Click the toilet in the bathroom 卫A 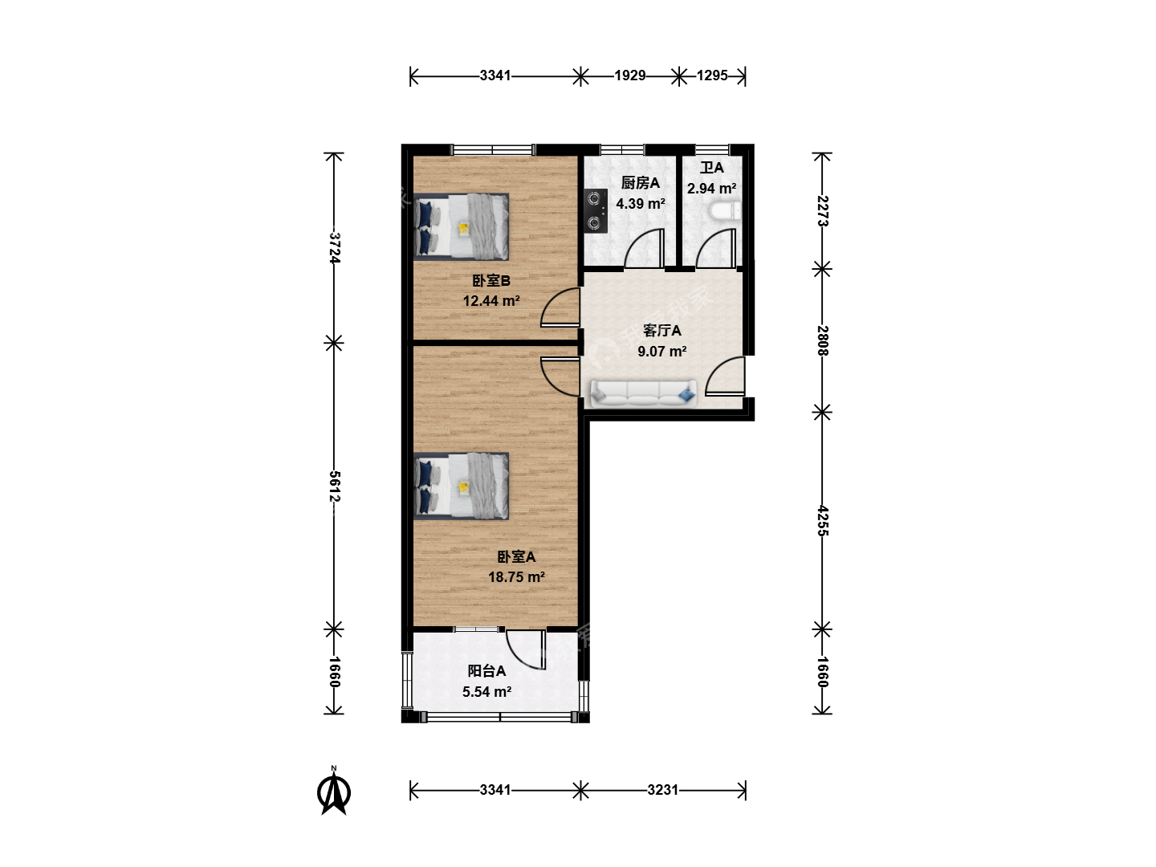click(725, 211)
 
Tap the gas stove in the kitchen click(595, 210)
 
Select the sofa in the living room click(643, 393)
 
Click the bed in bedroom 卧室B click(462, 227)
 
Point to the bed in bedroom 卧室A click(462, 486)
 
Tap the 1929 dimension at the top click(630, 75)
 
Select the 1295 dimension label click(712, 75)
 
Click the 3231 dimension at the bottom click(662, 790)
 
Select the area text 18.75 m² click(516, 577)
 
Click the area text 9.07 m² click(662, 351)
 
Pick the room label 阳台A click(486, 670)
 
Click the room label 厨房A click(640, 183)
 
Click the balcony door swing click(526, 650)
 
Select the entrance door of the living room click(725, 376)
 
